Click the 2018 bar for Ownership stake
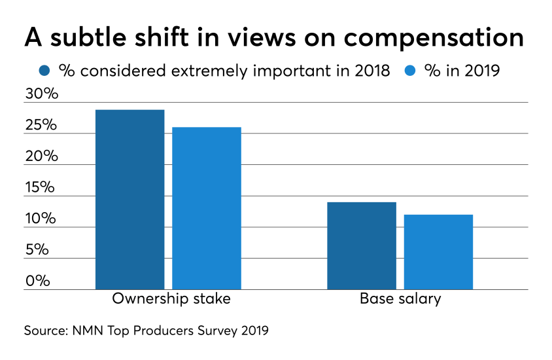129,200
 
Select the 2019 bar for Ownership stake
206,208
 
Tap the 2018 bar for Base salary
362,245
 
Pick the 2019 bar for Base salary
438,252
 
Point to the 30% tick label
42,94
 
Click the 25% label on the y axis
42,126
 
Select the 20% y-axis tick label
42,156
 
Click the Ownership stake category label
171,300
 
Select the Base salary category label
400,300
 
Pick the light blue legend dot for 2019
411,70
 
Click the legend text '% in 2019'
463,70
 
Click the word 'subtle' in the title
85,37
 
